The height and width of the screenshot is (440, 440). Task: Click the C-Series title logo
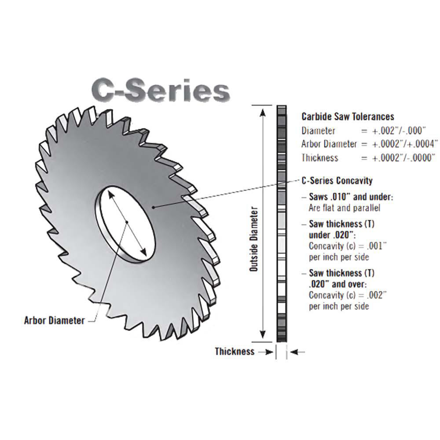click(161, 90)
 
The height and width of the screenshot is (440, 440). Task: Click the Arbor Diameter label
click(54, 320)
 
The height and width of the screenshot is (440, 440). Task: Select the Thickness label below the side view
click(235, 352)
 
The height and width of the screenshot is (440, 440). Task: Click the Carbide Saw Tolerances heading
click(348, 117)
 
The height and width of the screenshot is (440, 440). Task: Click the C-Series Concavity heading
click(337, 180)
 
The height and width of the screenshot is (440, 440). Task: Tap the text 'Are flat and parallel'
click(345, 208)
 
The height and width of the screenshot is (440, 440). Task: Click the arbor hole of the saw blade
click(126, 222)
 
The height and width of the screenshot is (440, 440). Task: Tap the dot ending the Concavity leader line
click(153, 206)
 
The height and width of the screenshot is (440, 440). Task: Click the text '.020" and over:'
click(338, 284)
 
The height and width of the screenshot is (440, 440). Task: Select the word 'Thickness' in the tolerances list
click(320, 158)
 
